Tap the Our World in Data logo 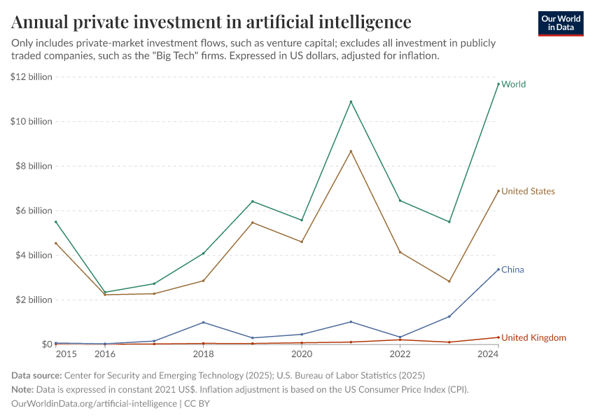[560, 23]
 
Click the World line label [513, 84]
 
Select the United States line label [528, 191]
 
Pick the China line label [512, 269]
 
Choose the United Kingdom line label [533, 337]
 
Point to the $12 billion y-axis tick [31, 77]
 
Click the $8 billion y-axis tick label [34, 166]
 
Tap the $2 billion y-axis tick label [34, 300]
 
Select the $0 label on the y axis [45, 344]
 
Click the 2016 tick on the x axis [105, 354]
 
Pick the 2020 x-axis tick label [302, 354]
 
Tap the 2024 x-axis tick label [488, 354]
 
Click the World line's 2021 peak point [351, 101]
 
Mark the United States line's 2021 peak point [351, 151]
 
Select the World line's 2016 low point [105, 293]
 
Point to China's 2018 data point [203, 322]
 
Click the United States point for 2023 [449, 281]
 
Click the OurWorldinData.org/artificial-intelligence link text [94, 403]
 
